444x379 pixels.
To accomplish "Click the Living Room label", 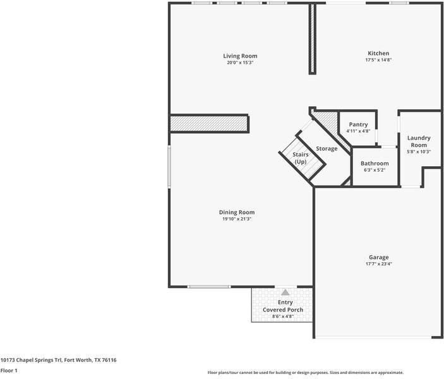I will click(241, 56).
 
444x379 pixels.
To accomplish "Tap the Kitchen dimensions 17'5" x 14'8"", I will click(378, 60).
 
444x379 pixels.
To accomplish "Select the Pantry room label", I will click(358, 124).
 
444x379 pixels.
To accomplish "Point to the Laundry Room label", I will click(419, 141).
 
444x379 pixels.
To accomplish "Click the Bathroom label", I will click(375, 163).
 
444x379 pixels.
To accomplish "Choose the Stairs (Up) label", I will click(300, 158).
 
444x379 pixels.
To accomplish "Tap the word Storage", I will click(327, 148).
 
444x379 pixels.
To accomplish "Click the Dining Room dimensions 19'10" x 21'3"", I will click(237, 219).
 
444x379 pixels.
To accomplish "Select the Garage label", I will click(378, 257).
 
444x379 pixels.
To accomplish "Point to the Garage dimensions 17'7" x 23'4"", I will click(378, 264).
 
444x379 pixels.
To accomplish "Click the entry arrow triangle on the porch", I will click(285, 292).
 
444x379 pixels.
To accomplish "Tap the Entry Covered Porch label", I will click(282, 306).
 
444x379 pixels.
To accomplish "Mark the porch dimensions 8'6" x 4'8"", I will click(282, 316).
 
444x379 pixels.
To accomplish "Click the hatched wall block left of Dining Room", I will click(208, 123).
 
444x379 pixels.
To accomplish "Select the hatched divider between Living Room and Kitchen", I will click(311, 39).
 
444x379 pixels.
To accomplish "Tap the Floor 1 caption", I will click(9, 371).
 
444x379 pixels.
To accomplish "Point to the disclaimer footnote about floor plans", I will click(305, 373).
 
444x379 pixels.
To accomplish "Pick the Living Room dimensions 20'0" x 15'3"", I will click(241, 63).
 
